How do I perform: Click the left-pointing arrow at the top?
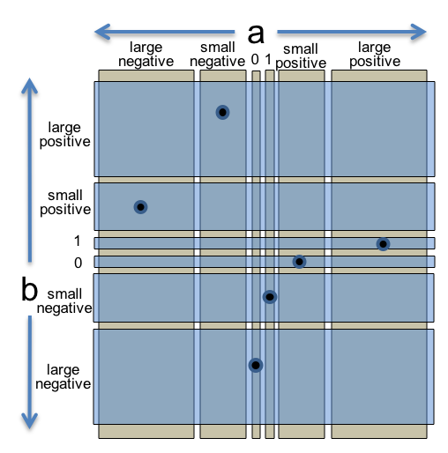click(163, 32)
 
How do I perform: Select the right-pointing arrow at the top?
click(352, 32)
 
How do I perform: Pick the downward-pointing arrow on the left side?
click(30, 371)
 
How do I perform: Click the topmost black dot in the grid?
click(222, 112)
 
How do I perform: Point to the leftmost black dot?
click(140, 207)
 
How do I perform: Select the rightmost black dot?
click(383, 244)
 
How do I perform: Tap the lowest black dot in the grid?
click(256, 365)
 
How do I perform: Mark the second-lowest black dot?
click(270, 297)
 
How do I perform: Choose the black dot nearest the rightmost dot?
click(299, 262)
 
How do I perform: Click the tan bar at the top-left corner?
click(146, 76)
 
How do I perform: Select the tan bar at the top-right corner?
click(379, 76)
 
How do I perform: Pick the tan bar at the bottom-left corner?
click(146, 431)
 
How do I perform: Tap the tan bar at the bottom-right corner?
click(379, 431)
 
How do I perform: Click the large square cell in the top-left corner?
click(146, 129)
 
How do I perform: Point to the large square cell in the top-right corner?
click(379, 129)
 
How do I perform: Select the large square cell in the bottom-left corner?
click(146, 376)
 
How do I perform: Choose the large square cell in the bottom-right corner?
click(379, 376)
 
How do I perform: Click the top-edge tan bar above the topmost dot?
click(223, 76)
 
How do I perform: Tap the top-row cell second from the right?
click(302, 129)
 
